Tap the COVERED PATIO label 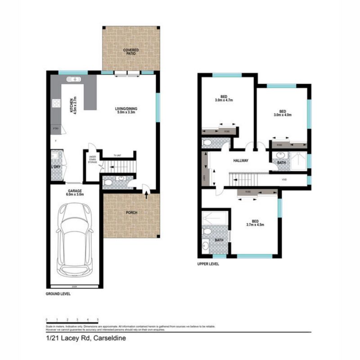tap(131, 51)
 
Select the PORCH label tap(131, 213)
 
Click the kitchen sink tap(73, 80)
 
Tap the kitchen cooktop tap(57, 103)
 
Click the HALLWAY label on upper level tap(241, 161)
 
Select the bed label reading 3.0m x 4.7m tap(224, 99)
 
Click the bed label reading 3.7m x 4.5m tap(255, 223)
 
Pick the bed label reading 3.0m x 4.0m tap(283, 113)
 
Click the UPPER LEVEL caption tap(208, 264)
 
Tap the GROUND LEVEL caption tap(58, 293)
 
